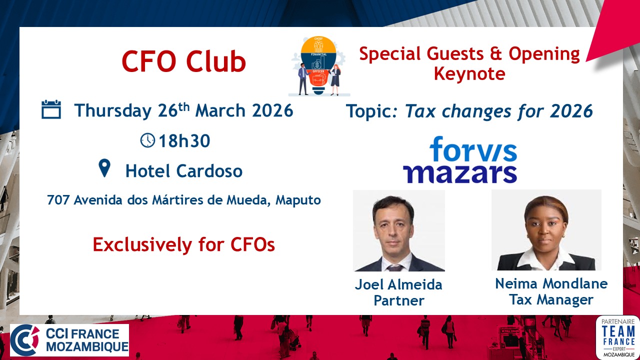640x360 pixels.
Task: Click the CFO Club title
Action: point(183,61)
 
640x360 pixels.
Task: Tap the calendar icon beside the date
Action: point(51,109)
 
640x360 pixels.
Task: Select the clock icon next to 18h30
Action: point(147,140)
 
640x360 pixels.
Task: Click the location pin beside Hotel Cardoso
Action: point(104,168)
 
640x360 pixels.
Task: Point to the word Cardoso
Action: point(209,171)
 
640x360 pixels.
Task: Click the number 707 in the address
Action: point(58,200)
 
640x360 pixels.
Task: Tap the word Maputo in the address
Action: point(298,200)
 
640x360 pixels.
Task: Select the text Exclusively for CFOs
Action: point(183,245)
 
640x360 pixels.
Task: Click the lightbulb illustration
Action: point(318,65)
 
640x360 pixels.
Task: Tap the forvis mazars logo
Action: point(460,159)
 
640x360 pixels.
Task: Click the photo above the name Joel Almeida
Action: point(399,230)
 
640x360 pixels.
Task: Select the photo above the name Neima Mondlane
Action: point(546,230)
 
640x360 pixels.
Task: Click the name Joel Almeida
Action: point(398,284)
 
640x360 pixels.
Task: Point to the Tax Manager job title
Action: point(551,299)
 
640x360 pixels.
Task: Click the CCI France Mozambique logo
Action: point(69,340)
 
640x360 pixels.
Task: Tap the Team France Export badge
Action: point(617,337)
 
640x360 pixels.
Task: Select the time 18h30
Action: point(184,141)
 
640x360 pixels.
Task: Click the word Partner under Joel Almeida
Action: point(399,300)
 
